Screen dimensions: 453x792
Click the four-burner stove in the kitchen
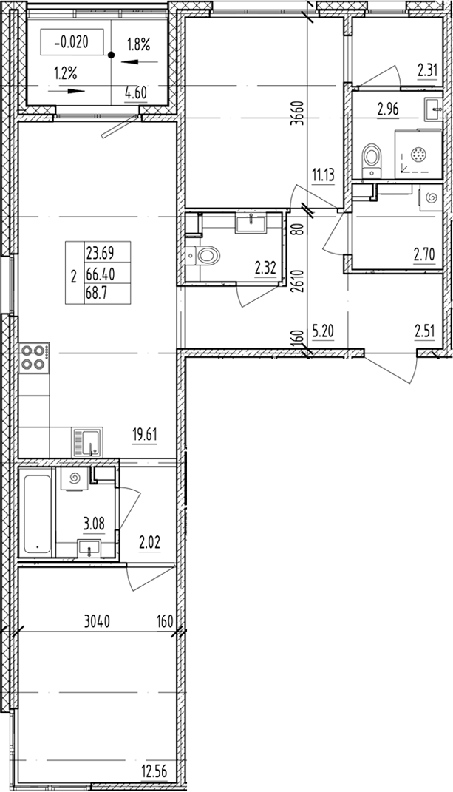(34, 358)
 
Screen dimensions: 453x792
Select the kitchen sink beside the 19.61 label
(87, 442)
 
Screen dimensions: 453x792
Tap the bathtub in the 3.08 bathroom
(38, 514)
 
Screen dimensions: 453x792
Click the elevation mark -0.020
(71, 42)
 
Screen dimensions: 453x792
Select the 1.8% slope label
(138, 46)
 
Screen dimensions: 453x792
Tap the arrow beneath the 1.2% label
(67, 91)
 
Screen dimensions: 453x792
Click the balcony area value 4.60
(135, 93)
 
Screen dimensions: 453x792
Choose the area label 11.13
(323, 176)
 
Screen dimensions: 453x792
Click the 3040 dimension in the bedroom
(98, 620)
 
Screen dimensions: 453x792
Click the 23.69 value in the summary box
(100, 252)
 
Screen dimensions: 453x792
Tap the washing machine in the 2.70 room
(431, 197)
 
